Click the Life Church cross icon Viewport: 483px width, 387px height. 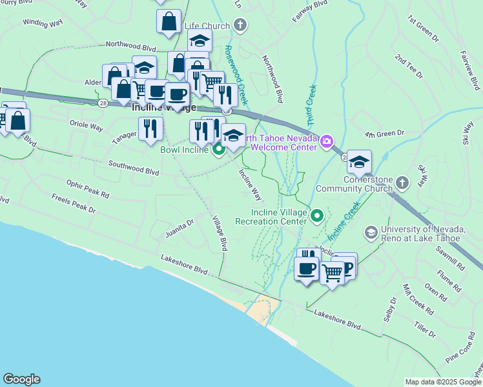(240, 26)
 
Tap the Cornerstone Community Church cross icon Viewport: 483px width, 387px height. (402, 183)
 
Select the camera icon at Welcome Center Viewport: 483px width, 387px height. (327, 141)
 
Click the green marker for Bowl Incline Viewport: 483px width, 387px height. (218, 150)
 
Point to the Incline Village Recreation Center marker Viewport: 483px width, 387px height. (316, 215)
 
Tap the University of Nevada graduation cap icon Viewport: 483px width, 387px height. (371, 231)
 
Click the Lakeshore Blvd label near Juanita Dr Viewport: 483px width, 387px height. (184, 261)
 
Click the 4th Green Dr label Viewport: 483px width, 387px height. (384, 134)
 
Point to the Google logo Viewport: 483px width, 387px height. (21, 379)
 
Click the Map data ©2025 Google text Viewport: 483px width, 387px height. (443, 382)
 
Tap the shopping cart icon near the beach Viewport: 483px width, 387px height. (332, 272)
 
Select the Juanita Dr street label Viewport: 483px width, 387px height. (179, 228)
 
